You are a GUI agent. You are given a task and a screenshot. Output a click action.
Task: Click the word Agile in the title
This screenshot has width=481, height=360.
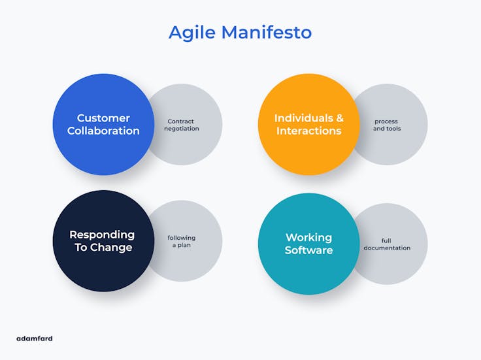click(191, 33)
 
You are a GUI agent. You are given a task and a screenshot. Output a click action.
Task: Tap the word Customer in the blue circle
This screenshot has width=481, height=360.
click(103, 118)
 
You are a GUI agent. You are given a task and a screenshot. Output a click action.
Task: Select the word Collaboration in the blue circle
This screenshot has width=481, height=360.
click(103, 131)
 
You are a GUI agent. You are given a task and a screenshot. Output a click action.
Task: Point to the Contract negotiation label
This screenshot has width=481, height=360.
click(181, 125)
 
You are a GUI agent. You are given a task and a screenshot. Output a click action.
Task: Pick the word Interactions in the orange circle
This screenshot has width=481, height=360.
click(308, 131)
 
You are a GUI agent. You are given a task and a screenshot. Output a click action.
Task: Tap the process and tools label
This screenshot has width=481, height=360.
click(386, 125)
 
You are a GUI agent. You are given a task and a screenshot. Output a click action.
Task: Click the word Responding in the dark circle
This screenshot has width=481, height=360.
click(102, 235)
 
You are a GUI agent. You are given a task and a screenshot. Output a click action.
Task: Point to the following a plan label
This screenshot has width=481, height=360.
click(181, 241)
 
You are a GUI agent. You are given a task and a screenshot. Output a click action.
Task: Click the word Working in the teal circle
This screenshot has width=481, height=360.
click(308, 237)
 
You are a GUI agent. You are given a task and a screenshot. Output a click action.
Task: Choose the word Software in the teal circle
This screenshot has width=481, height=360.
click(308, 250)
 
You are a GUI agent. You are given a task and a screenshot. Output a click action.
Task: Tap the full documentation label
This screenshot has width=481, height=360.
click(387, 244)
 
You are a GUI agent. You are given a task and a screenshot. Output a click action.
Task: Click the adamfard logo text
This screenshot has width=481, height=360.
click(34, 338)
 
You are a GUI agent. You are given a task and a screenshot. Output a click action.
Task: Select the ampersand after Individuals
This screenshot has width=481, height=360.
click(339, 118)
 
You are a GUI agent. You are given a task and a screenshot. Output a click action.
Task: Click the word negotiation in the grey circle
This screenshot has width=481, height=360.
click(181, 129)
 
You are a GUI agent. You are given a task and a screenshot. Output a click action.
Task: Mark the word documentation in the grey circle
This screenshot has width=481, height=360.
click(387, 248)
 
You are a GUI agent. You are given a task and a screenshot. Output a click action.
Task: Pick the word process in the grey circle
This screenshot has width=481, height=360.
click(386, 122)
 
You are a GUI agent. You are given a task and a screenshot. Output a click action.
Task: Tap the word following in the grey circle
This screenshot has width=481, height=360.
click(181, 238)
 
